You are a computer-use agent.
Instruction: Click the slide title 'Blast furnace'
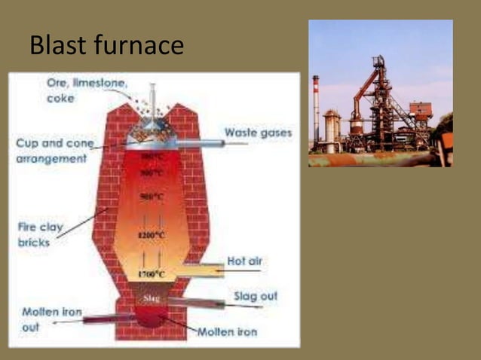(x=106, y=44)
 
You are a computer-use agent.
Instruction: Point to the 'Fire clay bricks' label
(x=39, y=233)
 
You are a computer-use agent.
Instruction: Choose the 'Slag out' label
(x=255, y=296)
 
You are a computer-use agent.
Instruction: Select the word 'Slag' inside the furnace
(x=151, y=298)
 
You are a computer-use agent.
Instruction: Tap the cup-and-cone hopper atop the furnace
(x=150, y=136)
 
